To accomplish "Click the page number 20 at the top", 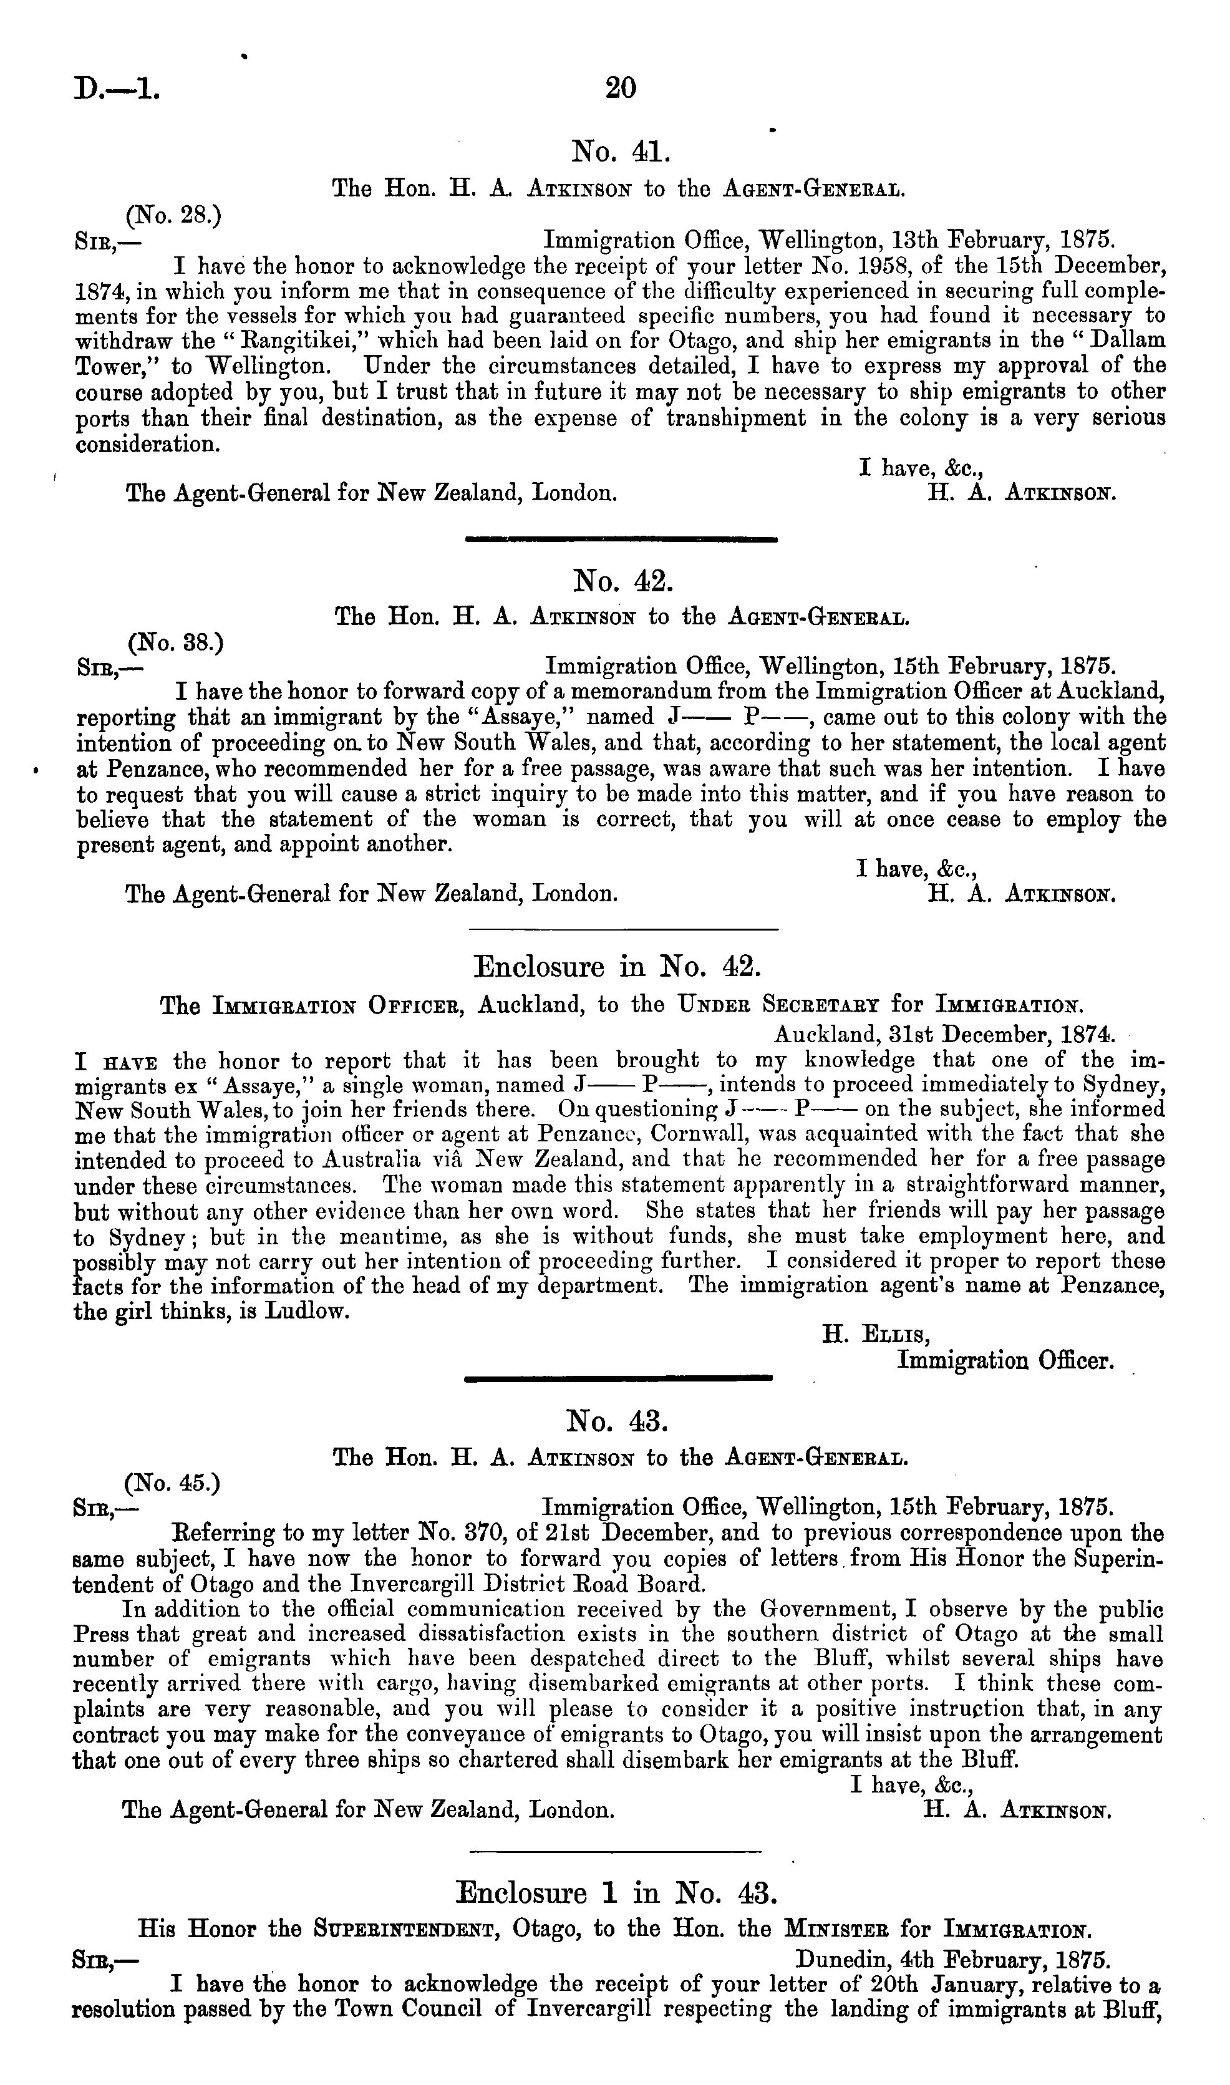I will click(x=620, y=87).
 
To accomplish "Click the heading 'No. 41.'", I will click(x=620, y=152).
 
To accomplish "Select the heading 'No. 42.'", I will click(x=622, y=581).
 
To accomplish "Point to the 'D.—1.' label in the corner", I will click(x=117, y=87).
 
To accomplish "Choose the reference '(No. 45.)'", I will click(x=172, y=1483).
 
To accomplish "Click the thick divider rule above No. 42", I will click(x=621, y=539).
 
